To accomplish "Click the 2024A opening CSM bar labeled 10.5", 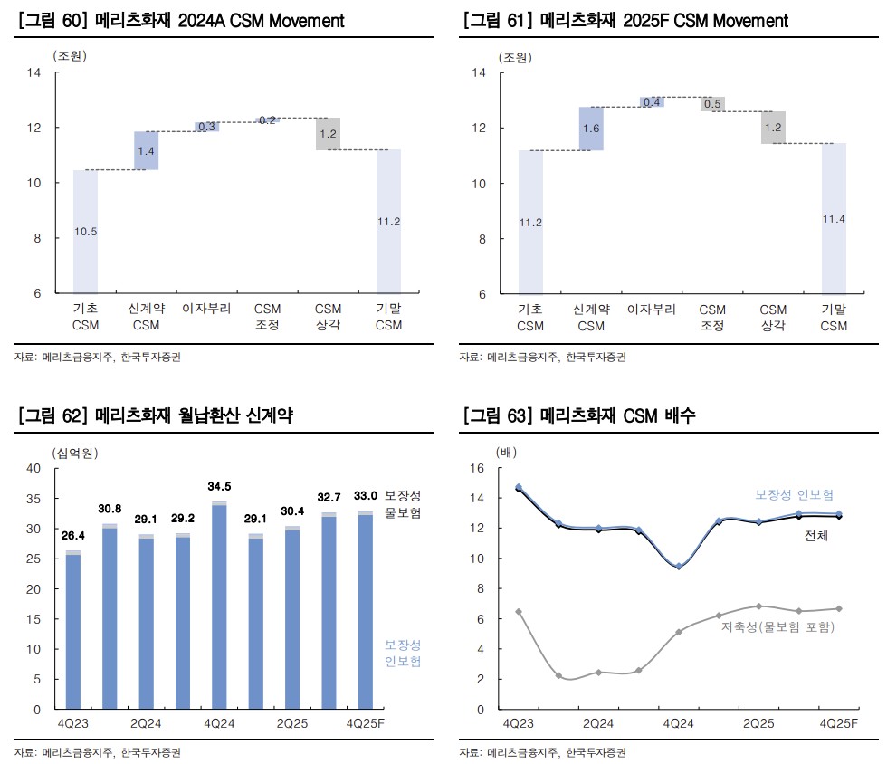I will tap(85, 232).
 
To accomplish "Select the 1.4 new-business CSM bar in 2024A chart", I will tap(146, 150).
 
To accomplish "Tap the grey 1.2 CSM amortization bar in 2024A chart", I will tap(328, 134).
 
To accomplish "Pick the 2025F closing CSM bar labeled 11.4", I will tap(834, 218).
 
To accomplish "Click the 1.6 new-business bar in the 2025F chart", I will tap(591, 129).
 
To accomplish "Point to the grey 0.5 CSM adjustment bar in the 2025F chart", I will tap(712, 104).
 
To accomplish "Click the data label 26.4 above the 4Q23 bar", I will tap(72, 536).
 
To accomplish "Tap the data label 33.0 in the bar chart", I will tap(365, 496).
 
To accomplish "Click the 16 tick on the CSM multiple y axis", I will tap(479, 468).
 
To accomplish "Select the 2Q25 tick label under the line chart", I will tap(759, 725).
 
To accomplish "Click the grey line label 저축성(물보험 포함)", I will tap(777, 627).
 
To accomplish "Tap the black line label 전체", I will tap(816, 536).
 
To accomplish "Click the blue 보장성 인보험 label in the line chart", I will tap(792, 494).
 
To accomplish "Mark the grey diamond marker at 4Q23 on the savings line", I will tap(519, 612).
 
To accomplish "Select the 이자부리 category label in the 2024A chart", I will tap(206, 309).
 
